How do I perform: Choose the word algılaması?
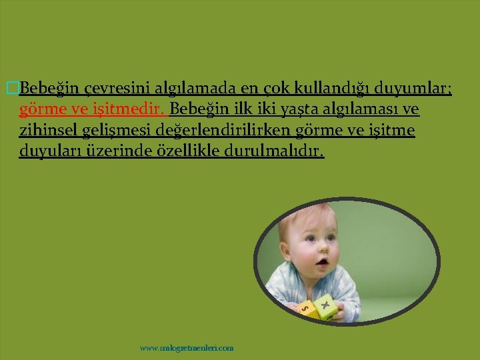[361, 109]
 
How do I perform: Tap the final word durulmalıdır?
[273, 151]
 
